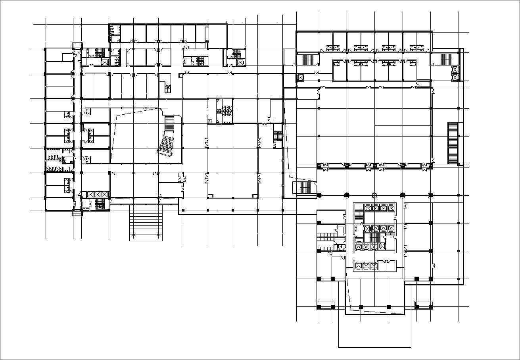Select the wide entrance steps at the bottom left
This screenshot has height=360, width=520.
point(146,223)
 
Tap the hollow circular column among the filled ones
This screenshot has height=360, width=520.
point(374,195)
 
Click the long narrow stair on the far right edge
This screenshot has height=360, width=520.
point(453,143)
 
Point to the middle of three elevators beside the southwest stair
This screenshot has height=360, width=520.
point(97,194)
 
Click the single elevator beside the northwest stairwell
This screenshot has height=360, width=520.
point(105,62)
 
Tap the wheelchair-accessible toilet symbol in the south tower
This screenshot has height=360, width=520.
point(340,247)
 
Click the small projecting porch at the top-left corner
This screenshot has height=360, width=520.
point(77,45)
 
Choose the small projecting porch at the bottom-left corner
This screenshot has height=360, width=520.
point(77,213)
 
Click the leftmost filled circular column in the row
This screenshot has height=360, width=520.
point(319,195)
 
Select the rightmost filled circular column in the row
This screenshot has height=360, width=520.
point(430,195)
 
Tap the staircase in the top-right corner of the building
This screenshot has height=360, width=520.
point(446,60)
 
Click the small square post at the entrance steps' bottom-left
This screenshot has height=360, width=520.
point(134,235)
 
